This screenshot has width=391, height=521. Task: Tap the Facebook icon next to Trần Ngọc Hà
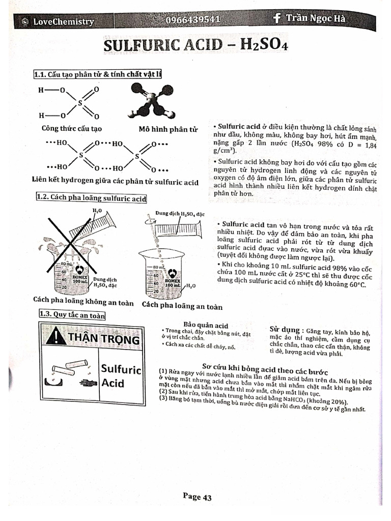tap(277, 18)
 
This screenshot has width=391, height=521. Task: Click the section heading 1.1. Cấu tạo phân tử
tap(97, 74)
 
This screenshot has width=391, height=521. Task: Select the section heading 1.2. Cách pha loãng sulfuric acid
tap(91, 198)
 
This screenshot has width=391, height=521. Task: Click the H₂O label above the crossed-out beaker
tap(97, 210)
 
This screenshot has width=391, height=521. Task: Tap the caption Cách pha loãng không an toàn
tap(83, 302)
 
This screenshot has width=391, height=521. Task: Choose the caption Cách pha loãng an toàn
tap(182, 306)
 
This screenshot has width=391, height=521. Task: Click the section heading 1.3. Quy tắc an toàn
tap(71, 315)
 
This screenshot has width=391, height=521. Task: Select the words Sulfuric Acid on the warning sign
tap(120, 375)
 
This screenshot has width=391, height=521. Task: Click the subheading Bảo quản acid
tap(205, 325)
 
